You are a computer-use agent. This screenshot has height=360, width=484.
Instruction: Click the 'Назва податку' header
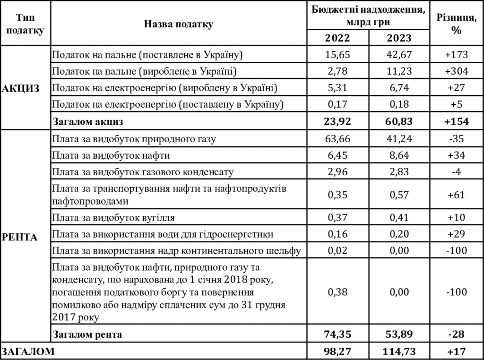[179, 24]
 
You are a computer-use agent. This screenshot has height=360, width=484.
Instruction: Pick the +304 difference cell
[456, 71]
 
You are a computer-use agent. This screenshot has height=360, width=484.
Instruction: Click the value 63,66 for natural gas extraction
[338, 139]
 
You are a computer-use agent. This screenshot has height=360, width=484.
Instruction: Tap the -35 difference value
[456, 139]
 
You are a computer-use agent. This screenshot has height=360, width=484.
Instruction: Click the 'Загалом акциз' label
[89, 121]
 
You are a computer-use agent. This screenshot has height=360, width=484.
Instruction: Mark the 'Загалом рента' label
[88, 334]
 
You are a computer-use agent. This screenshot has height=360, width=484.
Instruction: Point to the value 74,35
[338, 334]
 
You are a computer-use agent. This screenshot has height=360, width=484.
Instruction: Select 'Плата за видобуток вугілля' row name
[113, 218]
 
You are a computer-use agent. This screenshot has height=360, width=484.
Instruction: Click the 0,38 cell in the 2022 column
[338, 291]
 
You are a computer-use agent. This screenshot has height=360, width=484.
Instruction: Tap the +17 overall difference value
[456, 351]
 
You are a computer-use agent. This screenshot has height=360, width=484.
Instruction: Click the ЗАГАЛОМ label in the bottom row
[28, 351]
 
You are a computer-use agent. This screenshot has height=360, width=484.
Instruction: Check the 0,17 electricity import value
[338, 104]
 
